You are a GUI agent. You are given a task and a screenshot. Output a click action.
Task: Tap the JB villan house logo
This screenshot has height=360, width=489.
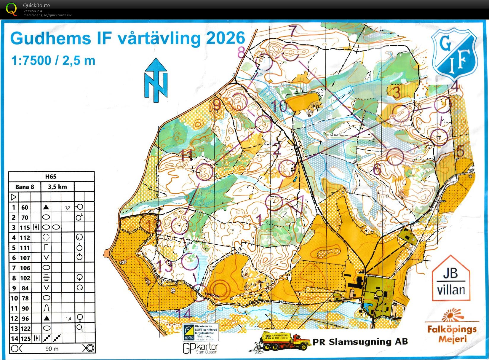click(x=451, y=279)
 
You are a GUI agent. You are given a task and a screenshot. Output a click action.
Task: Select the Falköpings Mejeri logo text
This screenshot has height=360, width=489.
click(x=452, y=334)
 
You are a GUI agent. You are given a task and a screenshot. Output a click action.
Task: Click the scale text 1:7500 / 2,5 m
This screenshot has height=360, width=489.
click(x=53, y=60)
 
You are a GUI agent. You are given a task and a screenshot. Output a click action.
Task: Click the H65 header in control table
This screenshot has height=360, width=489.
click(x=51, y=177)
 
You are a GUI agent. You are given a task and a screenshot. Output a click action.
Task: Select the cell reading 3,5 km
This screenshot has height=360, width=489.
click(x=57, y=187)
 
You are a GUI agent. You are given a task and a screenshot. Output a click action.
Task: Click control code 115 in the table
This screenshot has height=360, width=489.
click(x=25, y=227)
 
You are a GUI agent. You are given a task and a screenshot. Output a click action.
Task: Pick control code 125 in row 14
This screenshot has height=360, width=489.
click(x=25, y=338)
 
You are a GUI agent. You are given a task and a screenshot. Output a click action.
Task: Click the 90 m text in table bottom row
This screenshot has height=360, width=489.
click(x=52, y=349)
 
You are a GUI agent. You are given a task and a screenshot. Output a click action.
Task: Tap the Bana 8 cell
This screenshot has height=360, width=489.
click(x=25, y=187)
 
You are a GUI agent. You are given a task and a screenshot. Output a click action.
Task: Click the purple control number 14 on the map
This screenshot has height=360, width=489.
click(x=183, y=313)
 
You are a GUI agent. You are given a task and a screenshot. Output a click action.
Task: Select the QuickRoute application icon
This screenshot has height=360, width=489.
click(x=11, y=9)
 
